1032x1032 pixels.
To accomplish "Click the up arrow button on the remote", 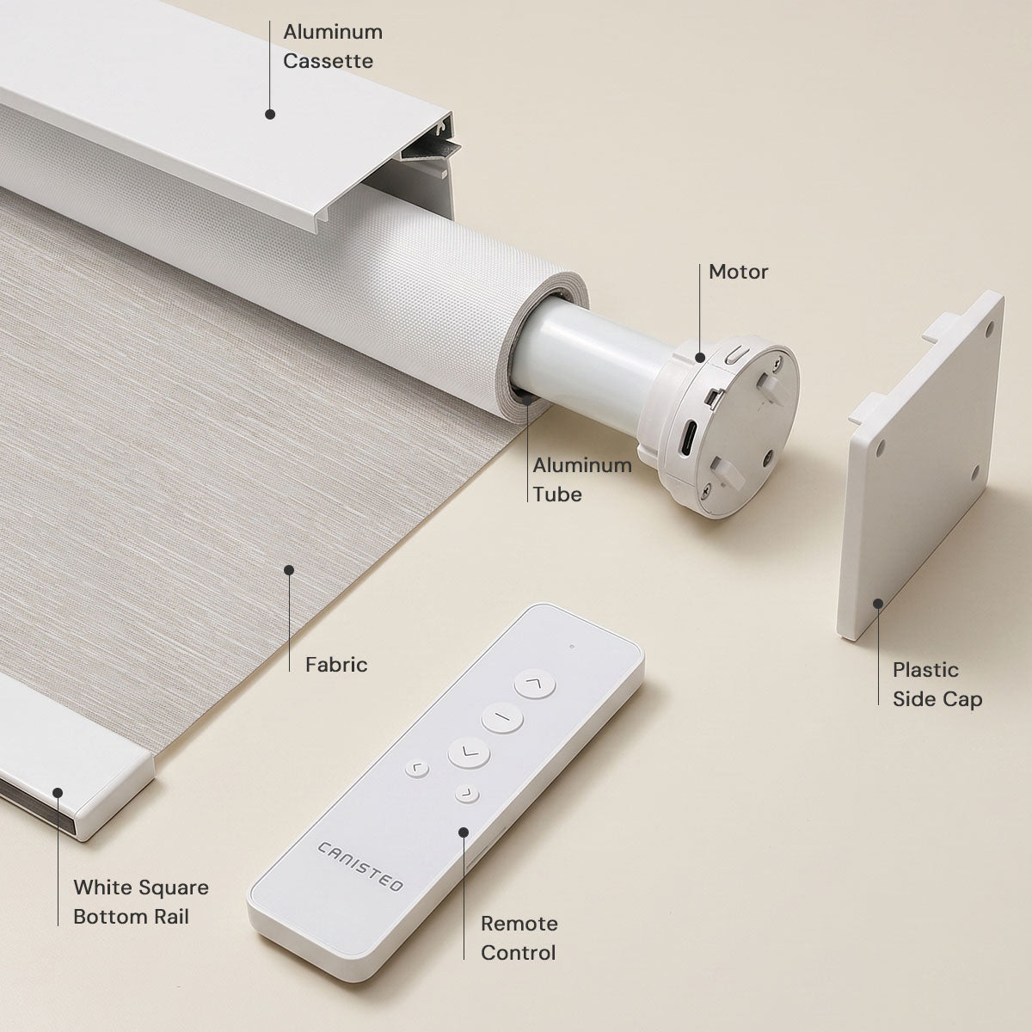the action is (x=534, y=684).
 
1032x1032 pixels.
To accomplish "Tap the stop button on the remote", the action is (x=501, y=717).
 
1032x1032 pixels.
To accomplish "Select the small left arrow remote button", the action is (x=416, y=769).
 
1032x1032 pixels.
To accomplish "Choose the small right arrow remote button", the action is (x=467, y=794).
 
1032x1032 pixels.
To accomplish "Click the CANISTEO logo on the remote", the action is (x=359, y=867).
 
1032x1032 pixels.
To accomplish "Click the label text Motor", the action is (x=738, y=272).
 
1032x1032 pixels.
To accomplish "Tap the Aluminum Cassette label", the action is (x=333, y=46).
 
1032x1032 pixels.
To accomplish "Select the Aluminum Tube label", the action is (x=582, y=480).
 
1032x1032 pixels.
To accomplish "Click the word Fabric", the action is (x=336, y=665).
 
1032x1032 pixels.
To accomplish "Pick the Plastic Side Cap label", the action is (x=937, y=685).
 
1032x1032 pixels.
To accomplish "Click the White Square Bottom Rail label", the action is (x=141, y=902).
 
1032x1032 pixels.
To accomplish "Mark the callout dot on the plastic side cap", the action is (x=878, y=604).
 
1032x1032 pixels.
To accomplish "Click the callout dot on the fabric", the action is (x=289, y=570).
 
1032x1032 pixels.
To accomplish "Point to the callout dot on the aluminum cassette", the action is (x=270, y=114).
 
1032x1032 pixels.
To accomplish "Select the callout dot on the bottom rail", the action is (x=58, y=793).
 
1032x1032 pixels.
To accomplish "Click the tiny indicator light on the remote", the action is (x=572, y=647).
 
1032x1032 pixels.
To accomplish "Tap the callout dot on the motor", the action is (x=700, y=357).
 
